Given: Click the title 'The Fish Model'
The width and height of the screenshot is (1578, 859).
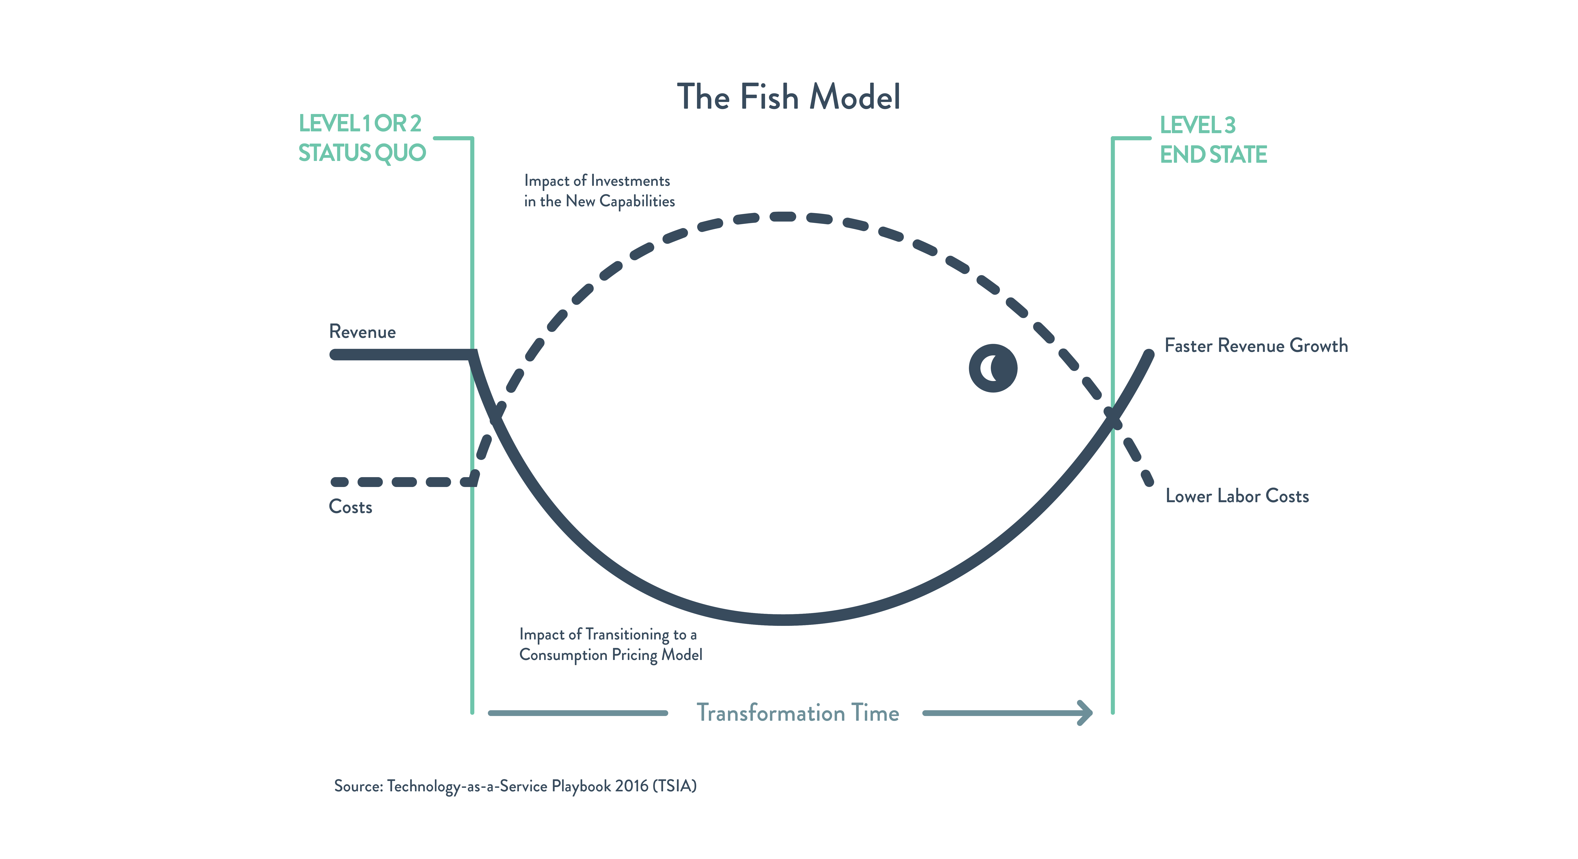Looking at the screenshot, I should point(788,97).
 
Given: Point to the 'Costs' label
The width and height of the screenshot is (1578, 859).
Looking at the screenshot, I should point(350,507).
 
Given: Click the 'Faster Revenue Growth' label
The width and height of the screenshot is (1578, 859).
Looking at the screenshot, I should point(1256,346).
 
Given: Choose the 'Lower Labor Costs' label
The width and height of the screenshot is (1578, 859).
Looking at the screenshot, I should point(1237,496).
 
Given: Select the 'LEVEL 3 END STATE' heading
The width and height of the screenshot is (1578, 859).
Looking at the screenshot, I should point(1213,140).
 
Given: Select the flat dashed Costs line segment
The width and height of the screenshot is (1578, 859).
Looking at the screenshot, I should point(401,482).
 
